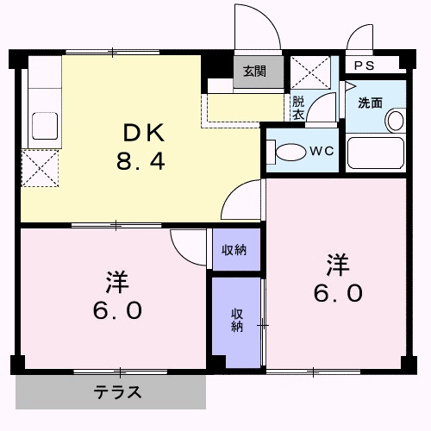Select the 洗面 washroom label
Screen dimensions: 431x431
(x=371, y=103)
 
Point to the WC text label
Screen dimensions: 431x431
(x=322, y=151)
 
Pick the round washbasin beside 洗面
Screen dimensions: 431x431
(x=394, y=120)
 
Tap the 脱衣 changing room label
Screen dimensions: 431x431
(x=298, y=106)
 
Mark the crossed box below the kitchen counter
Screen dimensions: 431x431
(x=40, y=166)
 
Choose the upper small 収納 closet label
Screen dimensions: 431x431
(x=234, y=250)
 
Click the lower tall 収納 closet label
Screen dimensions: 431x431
(x=236, y=319)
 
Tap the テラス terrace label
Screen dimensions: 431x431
(x=117, y=394)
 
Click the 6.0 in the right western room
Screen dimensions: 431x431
(x=337, y=292)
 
